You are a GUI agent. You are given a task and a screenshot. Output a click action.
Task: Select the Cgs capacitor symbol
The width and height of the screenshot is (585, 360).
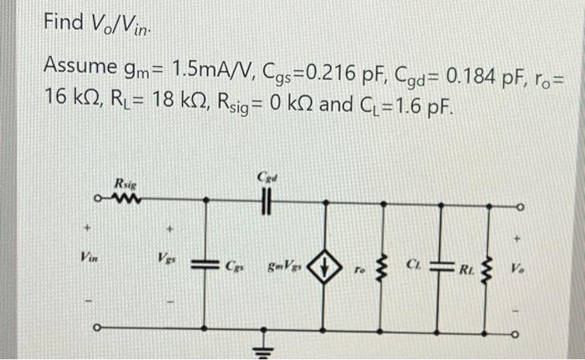[x=206, y=265]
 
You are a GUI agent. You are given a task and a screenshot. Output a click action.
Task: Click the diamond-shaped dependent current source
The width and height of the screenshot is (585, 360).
[x=325, y=267]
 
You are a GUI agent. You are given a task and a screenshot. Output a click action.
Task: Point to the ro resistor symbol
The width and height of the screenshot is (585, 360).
[x=383, y=267]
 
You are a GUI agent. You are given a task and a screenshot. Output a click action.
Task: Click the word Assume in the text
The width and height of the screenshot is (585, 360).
[x=79, y=65]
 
